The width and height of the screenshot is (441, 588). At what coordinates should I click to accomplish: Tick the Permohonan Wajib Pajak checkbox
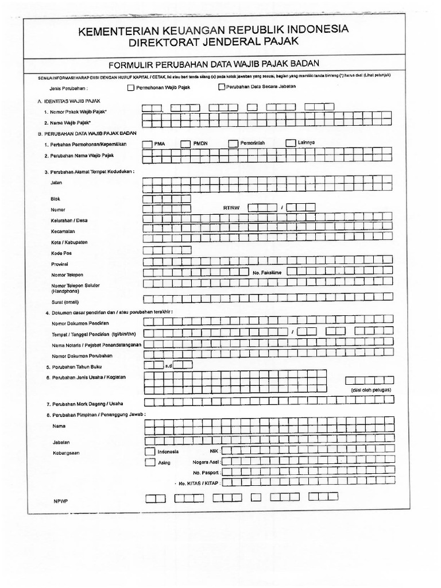[x=130, y=88]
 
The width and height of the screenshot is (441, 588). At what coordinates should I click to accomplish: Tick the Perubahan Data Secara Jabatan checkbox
[x=222, y=87]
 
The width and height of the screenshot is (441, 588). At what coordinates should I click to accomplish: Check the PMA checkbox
[x=148, y=144]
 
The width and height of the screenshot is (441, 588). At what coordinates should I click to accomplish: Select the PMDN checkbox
[x=185, y=144]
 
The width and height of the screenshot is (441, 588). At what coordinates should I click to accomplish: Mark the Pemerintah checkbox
[x=233, y=144]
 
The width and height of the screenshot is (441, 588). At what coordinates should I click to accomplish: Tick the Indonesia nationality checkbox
[x=150, y=451]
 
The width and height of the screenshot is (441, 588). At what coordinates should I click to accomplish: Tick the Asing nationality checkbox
[x=150, y=462]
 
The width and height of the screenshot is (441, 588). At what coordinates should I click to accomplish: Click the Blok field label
[x=56, y=199]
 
